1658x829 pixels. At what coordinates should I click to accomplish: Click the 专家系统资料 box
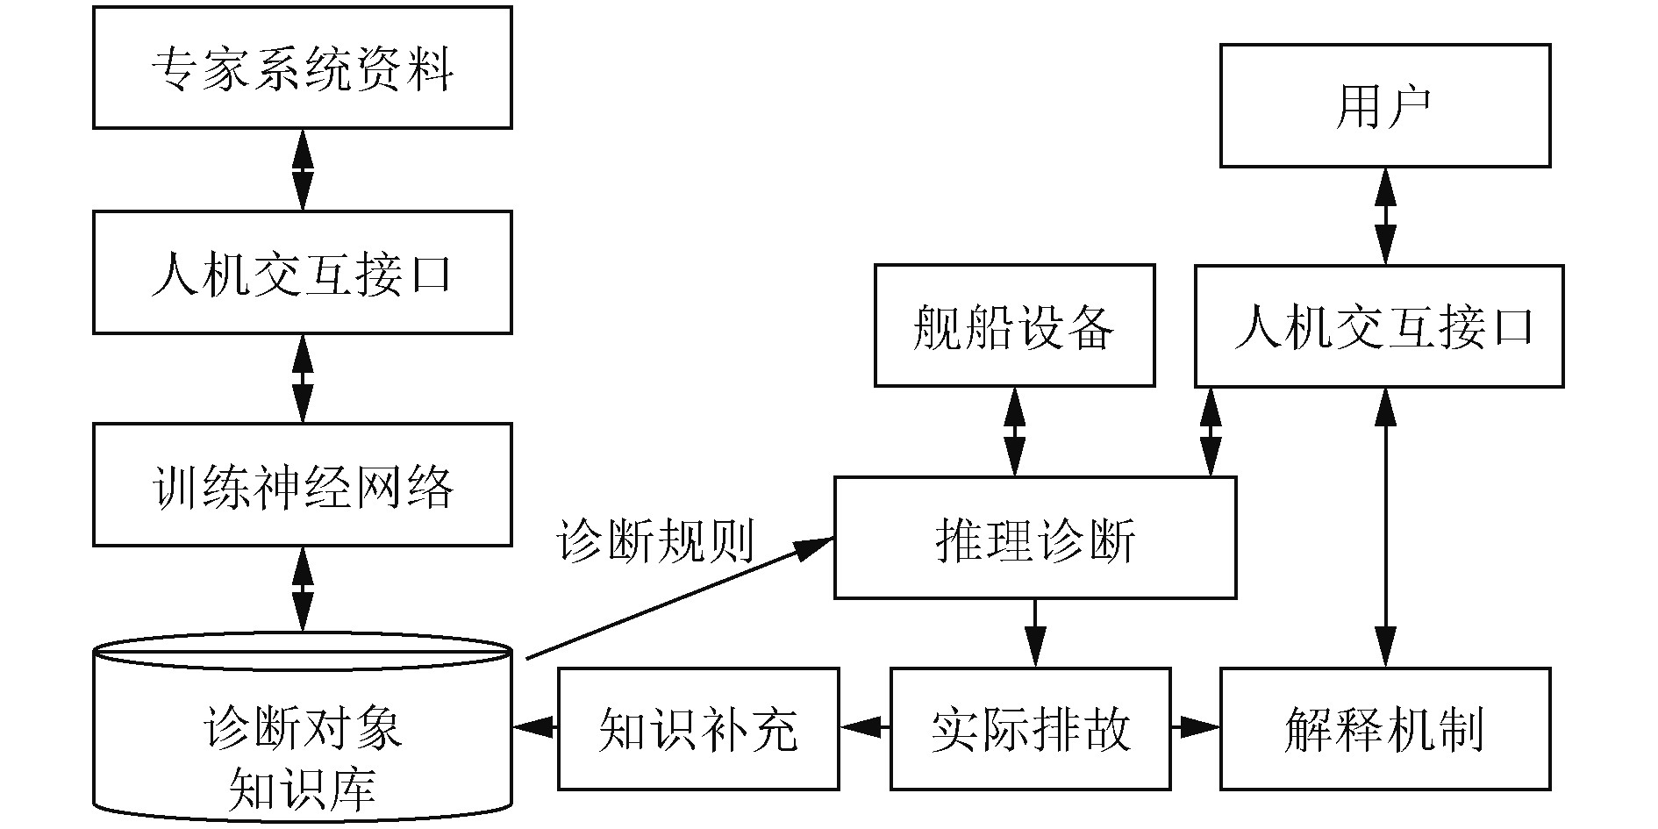click(303, 68)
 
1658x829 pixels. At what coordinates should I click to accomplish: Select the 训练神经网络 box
click(303, 484)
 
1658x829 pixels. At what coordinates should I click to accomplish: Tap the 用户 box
click(1385, 106)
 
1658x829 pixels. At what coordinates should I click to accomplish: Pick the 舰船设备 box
click(1014, 325)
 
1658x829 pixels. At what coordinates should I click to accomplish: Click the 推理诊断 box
click(1035, 538)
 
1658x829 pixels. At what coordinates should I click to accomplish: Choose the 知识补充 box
click(698, 728)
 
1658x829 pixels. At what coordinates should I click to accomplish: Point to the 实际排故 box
click(1030, 728)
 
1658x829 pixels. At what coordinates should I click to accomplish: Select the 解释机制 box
click(1384, 728)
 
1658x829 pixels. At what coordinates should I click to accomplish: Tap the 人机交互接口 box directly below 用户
click(1379, 325)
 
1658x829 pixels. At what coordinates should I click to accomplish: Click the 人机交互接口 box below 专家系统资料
click(303, 272)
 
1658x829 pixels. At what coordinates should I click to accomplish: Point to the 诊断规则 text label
click(655, 540)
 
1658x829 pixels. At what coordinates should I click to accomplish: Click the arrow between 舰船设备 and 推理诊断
click(1015, 431)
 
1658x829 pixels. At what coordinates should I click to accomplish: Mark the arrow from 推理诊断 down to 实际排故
click(1035, 632)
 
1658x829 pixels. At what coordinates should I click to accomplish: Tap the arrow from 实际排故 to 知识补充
click(865, 727)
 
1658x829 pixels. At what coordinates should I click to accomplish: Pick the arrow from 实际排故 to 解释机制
click(1195, 727)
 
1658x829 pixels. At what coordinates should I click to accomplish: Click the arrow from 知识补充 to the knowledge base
click(535, 727)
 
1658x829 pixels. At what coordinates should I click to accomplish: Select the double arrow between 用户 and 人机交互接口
click(1385, 215)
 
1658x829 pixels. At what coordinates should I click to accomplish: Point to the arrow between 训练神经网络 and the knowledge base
click(303, 588)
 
